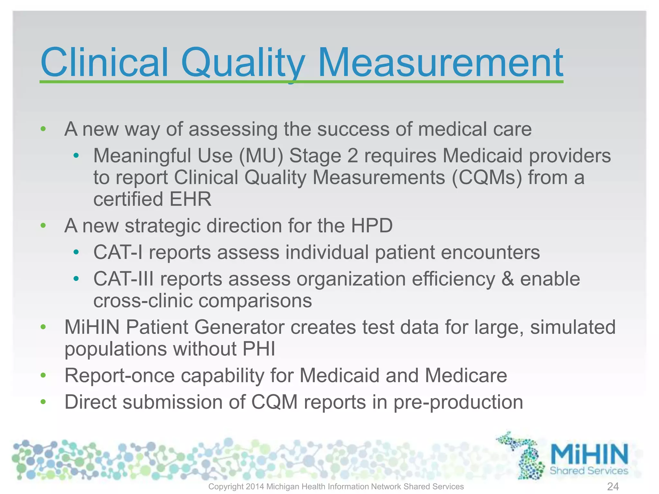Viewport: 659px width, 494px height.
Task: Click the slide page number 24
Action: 613,486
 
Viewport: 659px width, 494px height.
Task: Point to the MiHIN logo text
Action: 589,454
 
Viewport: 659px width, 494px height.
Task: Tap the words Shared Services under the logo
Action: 589,471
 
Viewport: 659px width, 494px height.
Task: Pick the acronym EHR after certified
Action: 190,199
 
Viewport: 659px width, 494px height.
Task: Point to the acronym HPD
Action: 372,225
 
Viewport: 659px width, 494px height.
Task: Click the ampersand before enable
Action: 507,279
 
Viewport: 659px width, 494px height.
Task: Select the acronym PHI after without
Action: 259,349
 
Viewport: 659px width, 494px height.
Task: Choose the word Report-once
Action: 119,375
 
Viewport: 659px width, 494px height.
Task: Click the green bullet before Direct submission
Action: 43,402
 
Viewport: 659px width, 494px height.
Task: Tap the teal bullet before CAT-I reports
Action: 76,252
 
